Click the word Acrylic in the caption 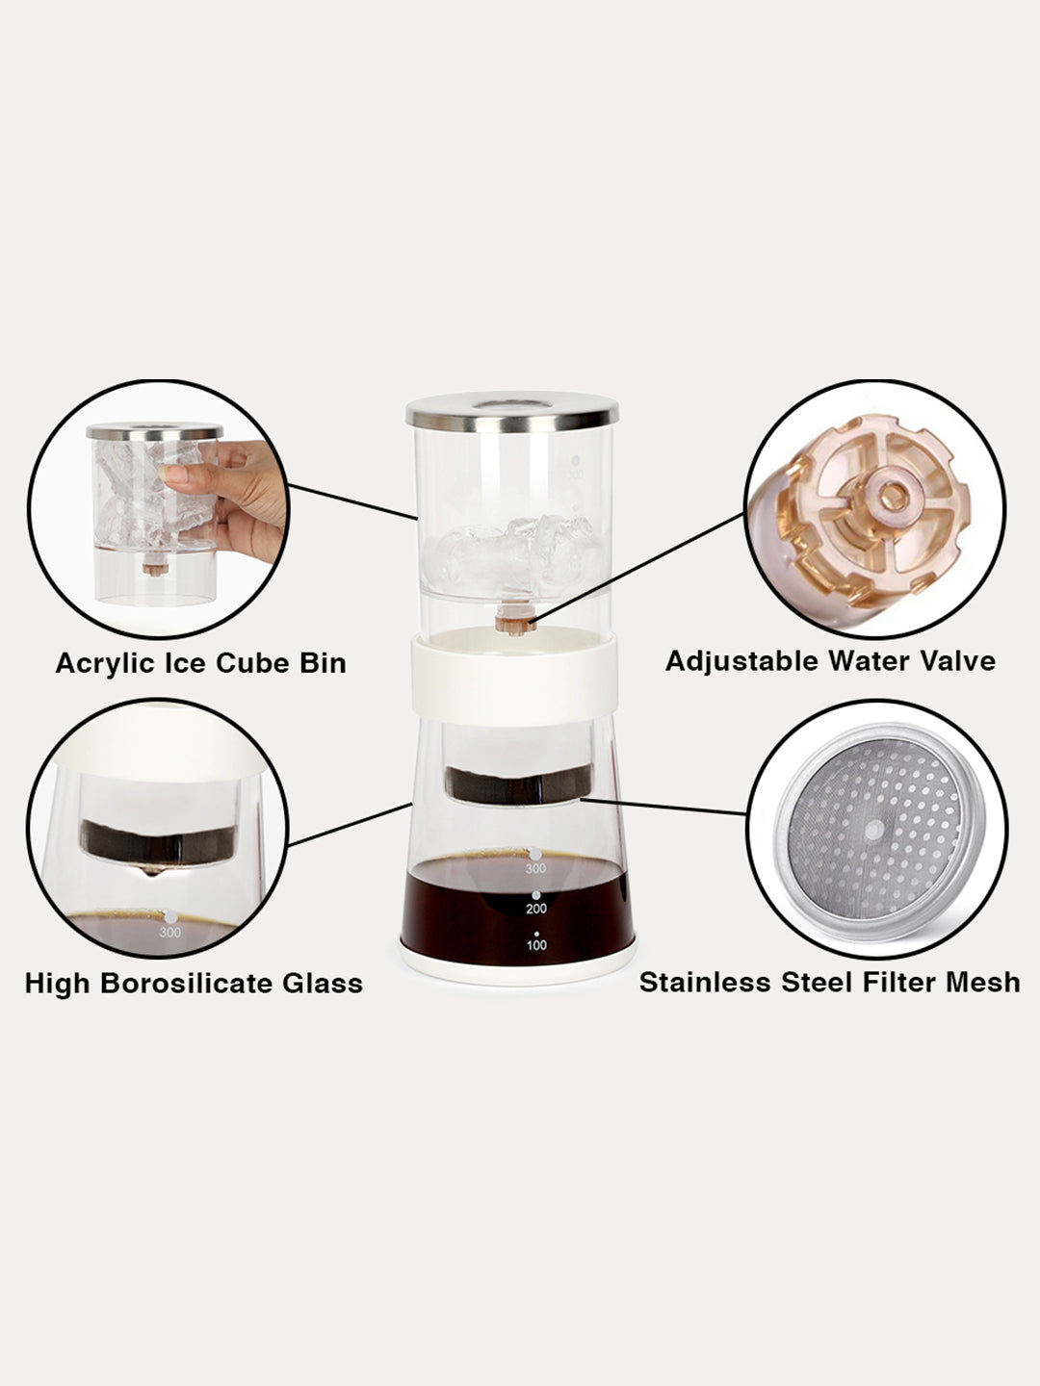point(105,664)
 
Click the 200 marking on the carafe point(536,909)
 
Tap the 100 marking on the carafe point(536,945)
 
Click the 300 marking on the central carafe point(535,869)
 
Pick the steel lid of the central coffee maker point(511,412)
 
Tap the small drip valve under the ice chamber point(516,620)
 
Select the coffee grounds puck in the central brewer point(518,784)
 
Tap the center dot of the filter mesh point(874,829)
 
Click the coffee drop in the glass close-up point(151,870)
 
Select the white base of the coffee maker point(518,972)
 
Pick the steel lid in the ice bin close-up point(155,432)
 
